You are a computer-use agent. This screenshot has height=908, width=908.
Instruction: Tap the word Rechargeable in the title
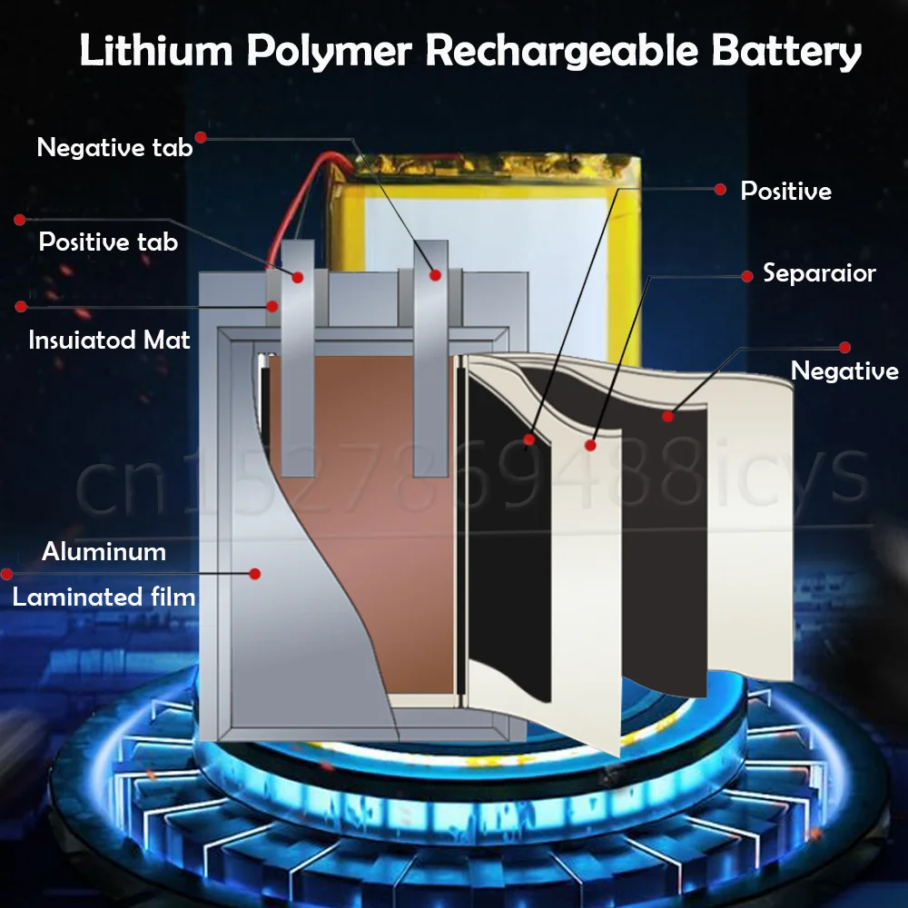[562, 51]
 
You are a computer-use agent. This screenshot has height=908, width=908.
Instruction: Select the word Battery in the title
[786, 51]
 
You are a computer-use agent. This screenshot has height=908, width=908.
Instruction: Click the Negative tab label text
[114, 147]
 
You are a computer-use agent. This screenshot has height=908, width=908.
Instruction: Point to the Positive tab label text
[108, 242]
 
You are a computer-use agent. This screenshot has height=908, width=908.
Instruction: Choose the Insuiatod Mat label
[110, 340]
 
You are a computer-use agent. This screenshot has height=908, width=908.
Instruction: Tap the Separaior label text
[819, 273]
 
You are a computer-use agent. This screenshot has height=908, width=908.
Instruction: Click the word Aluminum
[104, 552]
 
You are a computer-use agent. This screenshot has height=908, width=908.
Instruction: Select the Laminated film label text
[104, 597]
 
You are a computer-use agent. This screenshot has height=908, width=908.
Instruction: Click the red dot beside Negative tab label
[201, 137]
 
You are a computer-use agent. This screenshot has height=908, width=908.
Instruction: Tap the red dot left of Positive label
[720, 190]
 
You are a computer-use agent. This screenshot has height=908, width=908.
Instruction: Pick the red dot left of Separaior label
[747, 274]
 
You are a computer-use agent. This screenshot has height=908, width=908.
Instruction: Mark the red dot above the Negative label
[844, 348]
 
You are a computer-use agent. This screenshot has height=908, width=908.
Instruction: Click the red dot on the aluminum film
[255, 574]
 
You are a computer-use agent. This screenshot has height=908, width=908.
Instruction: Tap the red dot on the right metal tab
[435, 275]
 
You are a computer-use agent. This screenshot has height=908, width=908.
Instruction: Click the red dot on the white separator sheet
[590, 445]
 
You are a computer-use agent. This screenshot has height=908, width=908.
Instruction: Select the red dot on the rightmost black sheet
[668, 416]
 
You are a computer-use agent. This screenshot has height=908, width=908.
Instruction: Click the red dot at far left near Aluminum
[7, 574]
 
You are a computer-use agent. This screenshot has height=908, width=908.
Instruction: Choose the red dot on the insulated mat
[271, 307]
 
